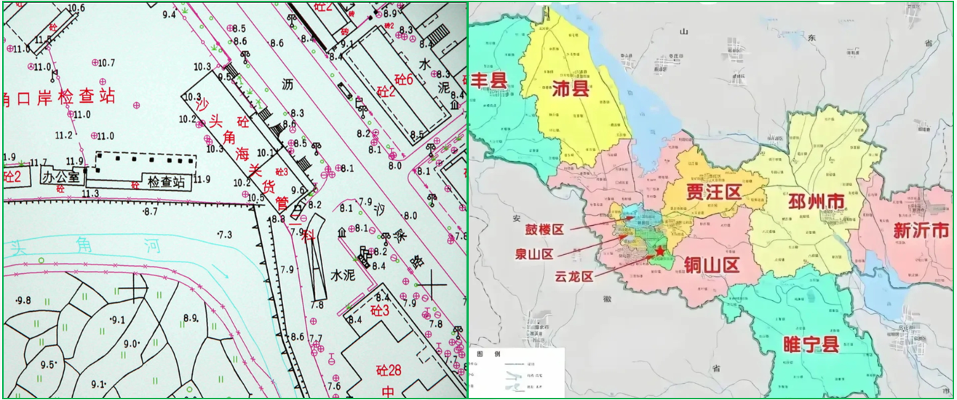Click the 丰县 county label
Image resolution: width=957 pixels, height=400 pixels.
click(x=489, y=80)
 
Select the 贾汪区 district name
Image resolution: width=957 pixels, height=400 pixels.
click(x=712, y=192)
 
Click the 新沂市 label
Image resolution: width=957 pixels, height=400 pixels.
click(x=921, y=230)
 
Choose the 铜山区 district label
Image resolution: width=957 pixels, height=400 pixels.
click(x=711, y=264)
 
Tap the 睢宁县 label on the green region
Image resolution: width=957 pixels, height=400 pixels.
click(x=811, y=344)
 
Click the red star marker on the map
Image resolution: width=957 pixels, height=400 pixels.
click(x=659, y=251)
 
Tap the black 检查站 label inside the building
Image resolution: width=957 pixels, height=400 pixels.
click(x=166, y=180)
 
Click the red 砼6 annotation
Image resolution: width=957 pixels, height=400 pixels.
click(x=401, y=79)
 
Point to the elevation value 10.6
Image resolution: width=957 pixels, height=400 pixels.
click(x=76, y=8)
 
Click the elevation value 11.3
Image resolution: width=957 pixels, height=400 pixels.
click(x=90, y=193)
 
